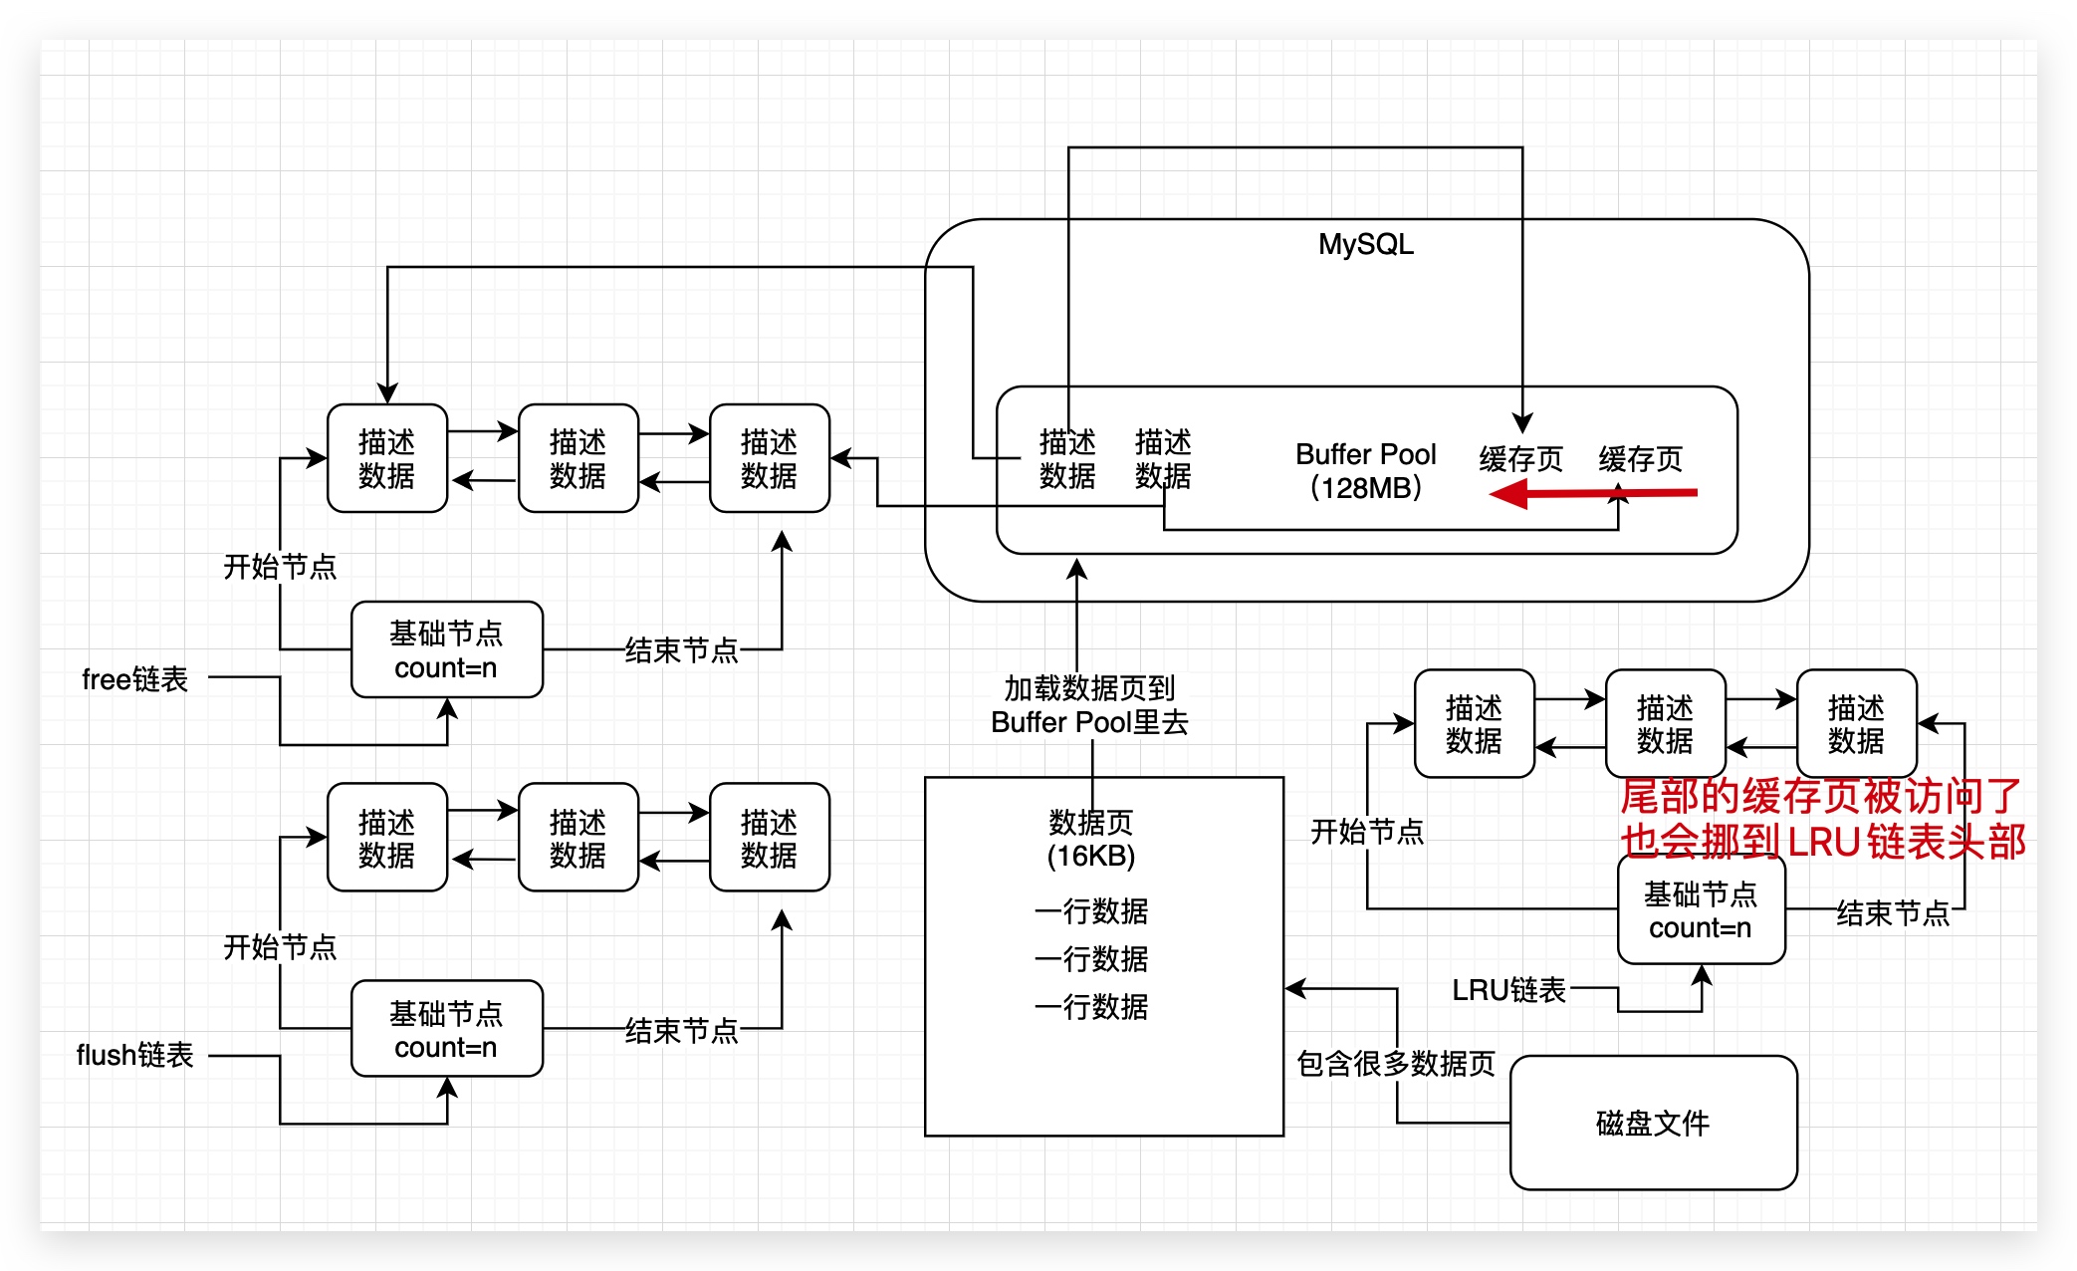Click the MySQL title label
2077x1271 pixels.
(1365, 244)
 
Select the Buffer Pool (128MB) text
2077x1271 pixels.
(1365, 471)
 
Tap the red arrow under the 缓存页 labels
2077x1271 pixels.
(1593, 493)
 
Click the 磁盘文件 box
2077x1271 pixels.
(1653, 1123)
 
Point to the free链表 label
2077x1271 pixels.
(134, 679)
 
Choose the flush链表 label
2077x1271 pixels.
(134, 1055)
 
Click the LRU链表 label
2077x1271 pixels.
(1508, 989)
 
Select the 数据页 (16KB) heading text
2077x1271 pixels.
(1091, 839)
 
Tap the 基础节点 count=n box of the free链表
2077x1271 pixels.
(446, 649)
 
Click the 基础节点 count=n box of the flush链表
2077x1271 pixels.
(446, 1029)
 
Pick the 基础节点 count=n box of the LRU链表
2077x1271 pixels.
(1701, 910)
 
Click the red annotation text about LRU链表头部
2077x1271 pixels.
(1822, 819)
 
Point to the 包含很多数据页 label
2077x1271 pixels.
(1395, 1063)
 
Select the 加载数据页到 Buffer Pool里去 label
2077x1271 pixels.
(1089, 704)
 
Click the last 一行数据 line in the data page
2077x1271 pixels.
(1091, 1006)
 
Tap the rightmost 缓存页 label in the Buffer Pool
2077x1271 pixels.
(1640, 459)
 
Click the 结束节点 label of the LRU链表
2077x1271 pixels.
(1892, 912)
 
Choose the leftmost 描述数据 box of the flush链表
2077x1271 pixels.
(386, 838)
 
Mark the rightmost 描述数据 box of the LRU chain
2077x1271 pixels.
(1856, 724)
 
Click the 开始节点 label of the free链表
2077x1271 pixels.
(280, 567)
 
